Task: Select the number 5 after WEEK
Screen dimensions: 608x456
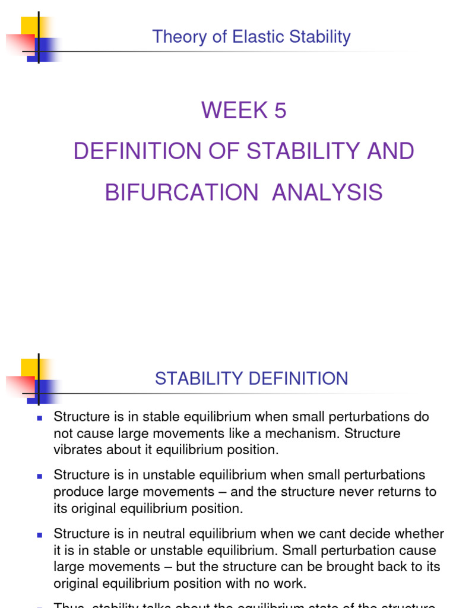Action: [x=280, y=110]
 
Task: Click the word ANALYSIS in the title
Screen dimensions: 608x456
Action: [x=327, y=193]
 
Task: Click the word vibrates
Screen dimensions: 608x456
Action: [x=78, y=449]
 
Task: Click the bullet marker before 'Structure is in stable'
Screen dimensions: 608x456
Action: [x=40, y=418]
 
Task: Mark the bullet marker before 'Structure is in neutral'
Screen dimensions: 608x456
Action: [x=40, y=534]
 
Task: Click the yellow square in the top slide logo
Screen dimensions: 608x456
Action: [x=30, y=26]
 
